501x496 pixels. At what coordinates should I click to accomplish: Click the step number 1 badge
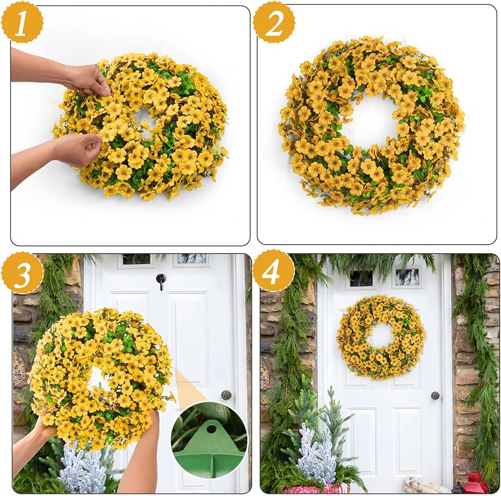pos(21,22)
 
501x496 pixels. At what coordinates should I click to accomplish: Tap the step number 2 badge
pos(274,22)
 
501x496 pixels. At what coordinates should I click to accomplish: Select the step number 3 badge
pos(21,272)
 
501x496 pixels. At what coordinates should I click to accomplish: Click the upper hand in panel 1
pos(87,79)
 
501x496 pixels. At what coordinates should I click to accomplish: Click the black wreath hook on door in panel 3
pos(161,280)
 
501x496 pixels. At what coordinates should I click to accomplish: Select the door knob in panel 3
pos(226,395)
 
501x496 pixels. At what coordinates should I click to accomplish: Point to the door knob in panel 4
pos(435,395)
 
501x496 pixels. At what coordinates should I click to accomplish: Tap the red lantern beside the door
pos(475,483)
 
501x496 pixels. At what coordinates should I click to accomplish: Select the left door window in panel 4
pos(361,277)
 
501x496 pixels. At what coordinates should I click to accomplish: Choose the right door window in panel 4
pos(407,276)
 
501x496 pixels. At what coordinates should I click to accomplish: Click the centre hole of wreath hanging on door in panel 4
pos(381,335)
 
